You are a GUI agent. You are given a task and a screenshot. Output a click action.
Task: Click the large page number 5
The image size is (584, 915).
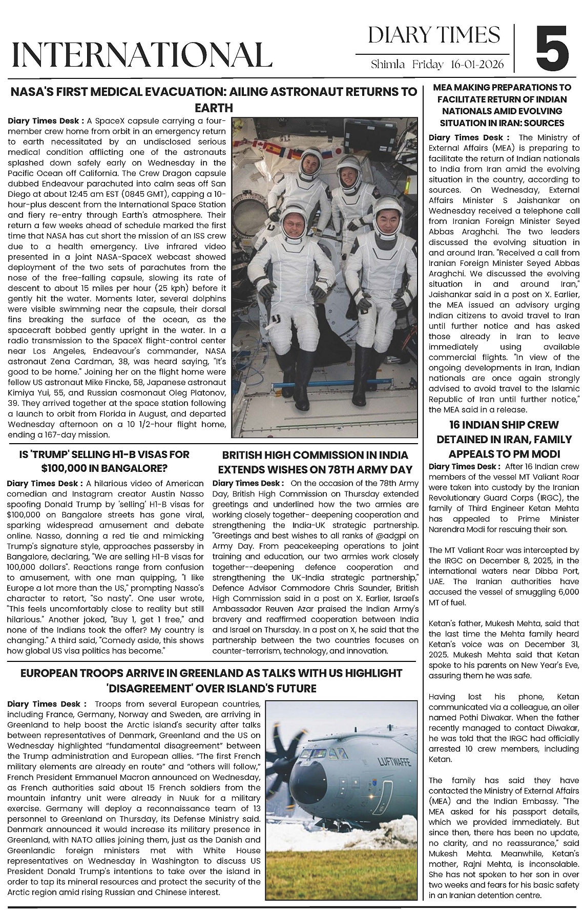(552, 49)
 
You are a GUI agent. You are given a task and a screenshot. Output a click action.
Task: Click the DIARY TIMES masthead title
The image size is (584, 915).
(434, 35)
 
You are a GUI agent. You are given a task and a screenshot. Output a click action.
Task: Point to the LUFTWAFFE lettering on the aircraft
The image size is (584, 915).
(394, 761)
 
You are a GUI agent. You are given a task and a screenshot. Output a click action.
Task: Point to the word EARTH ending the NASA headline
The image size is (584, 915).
(214, 108)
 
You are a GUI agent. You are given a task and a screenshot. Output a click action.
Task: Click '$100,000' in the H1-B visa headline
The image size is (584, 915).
(64, 468)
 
